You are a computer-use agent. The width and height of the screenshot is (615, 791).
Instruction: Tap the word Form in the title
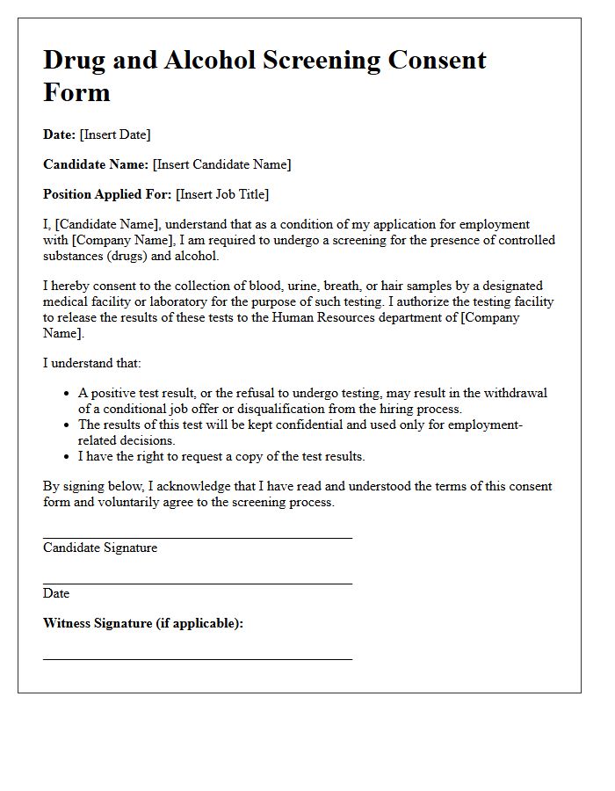coord(76,92)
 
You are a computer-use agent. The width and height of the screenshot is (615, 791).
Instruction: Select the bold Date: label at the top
coord(59,134)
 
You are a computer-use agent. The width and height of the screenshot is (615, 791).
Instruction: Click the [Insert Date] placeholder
coord(115,134)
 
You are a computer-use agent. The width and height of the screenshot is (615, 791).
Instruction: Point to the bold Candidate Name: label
coord(96,164)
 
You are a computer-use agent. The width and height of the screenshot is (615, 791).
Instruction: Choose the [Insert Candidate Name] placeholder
coord(221,164)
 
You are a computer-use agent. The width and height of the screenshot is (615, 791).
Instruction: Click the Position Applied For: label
coord(107,194)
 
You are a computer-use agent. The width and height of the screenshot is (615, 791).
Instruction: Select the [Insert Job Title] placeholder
coord(222,194)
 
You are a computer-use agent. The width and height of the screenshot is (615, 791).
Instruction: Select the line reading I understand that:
coord(92,363)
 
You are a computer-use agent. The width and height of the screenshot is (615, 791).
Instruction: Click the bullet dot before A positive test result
coord(67,394)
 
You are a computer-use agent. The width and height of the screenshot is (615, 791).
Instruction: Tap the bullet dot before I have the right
coord(67,457)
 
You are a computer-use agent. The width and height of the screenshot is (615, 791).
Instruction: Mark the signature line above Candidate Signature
coord(198,537)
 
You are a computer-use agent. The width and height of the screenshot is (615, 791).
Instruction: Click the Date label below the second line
coord(56,593)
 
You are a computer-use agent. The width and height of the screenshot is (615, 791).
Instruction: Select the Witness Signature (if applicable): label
coord(143,623)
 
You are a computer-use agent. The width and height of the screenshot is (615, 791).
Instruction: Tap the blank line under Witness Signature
coord(198,658)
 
